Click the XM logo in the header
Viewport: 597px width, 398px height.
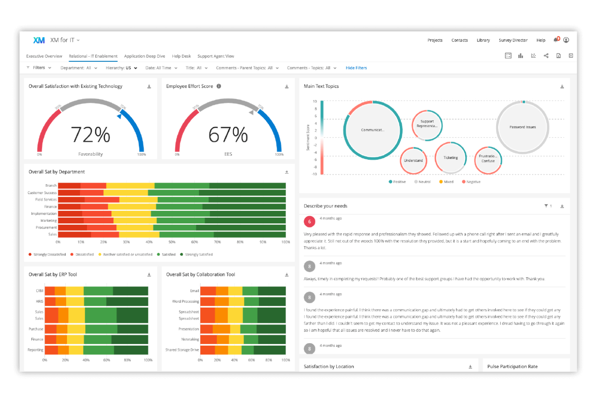point(39,40)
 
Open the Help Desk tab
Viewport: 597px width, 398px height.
point(181,56)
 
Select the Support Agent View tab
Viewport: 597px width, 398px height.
point(215,56)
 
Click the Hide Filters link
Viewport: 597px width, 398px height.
point(356,68)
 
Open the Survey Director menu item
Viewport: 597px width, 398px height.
point(513,40)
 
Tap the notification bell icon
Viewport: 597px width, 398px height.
point(556,40)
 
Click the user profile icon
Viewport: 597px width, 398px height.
point(566,40)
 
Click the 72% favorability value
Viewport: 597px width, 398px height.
point(90,135)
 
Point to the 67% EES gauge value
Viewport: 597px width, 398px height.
point(228,135)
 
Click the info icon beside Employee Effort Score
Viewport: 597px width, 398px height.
point(219,86)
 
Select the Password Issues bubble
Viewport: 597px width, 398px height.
point(522,127)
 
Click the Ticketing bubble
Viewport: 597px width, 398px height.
point(451,158)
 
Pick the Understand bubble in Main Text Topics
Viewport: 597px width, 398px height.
point(413,160)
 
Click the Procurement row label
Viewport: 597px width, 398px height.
point(46,228)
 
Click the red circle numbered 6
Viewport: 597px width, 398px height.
point(309,221)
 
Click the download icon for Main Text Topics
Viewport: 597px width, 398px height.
point(562,87)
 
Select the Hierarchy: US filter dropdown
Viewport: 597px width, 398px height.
point(121,68)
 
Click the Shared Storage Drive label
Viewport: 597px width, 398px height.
point(182,350)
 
